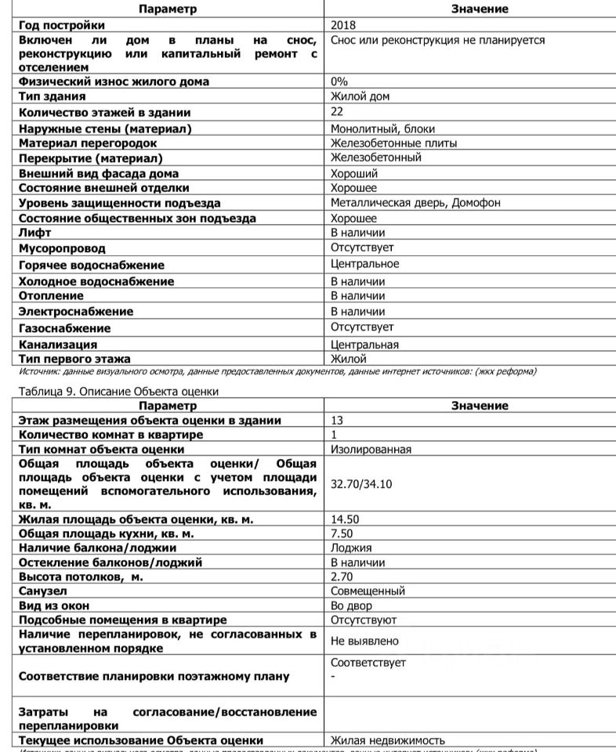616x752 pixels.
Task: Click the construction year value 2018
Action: tap(343, 25)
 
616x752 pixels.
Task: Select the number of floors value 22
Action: tap(337, 112)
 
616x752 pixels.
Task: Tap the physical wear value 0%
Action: tap(339, 81)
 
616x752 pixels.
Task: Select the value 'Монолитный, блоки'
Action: tap(382, 128)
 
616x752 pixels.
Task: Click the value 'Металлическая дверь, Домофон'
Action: tap(415, 203)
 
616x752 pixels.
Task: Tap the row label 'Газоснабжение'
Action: tap(64, 328)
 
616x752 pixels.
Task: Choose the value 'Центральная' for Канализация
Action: tap(364, 345)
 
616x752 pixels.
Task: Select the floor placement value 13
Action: tap(337, 421)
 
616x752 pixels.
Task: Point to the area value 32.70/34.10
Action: tap(361, 484)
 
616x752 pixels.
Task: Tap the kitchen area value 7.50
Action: tap(342, 533)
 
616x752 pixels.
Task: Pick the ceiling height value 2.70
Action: tap(342, 577)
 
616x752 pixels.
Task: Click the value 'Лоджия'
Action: tap(351, 548)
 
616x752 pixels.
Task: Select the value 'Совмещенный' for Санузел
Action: tap(368, 591)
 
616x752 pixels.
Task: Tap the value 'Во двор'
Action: tap(351, 606)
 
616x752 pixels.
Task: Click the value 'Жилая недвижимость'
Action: tap(388, 740)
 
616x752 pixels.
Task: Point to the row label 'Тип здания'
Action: tap(52, 97)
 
